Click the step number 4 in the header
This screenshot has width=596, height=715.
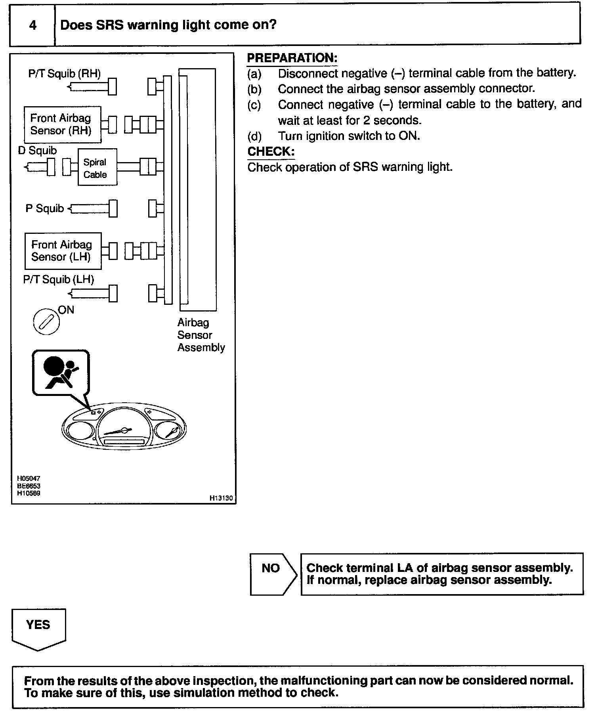(32, 25)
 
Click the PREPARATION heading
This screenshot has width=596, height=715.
(292, 58)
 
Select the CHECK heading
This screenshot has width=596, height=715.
(271, 151)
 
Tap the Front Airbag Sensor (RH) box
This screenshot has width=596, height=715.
(62, 124)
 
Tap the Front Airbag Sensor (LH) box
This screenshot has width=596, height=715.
(63, 250)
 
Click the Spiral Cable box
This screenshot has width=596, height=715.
(97, 167)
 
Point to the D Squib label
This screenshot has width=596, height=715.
(37, 151)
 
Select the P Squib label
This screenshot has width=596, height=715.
(44, 208)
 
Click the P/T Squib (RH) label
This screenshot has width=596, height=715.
(64, 74)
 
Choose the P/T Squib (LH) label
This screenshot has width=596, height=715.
(58, 279)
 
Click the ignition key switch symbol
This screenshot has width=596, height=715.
(46, 321)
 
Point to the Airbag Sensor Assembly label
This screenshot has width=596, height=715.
(201, 335)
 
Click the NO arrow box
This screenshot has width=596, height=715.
(273, 574)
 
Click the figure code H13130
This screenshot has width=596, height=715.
(221, 498)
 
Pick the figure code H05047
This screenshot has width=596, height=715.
(29, 478)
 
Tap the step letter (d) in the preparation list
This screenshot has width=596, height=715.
(254, 136)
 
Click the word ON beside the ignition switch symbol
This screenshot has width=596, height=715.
(66, 310)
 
